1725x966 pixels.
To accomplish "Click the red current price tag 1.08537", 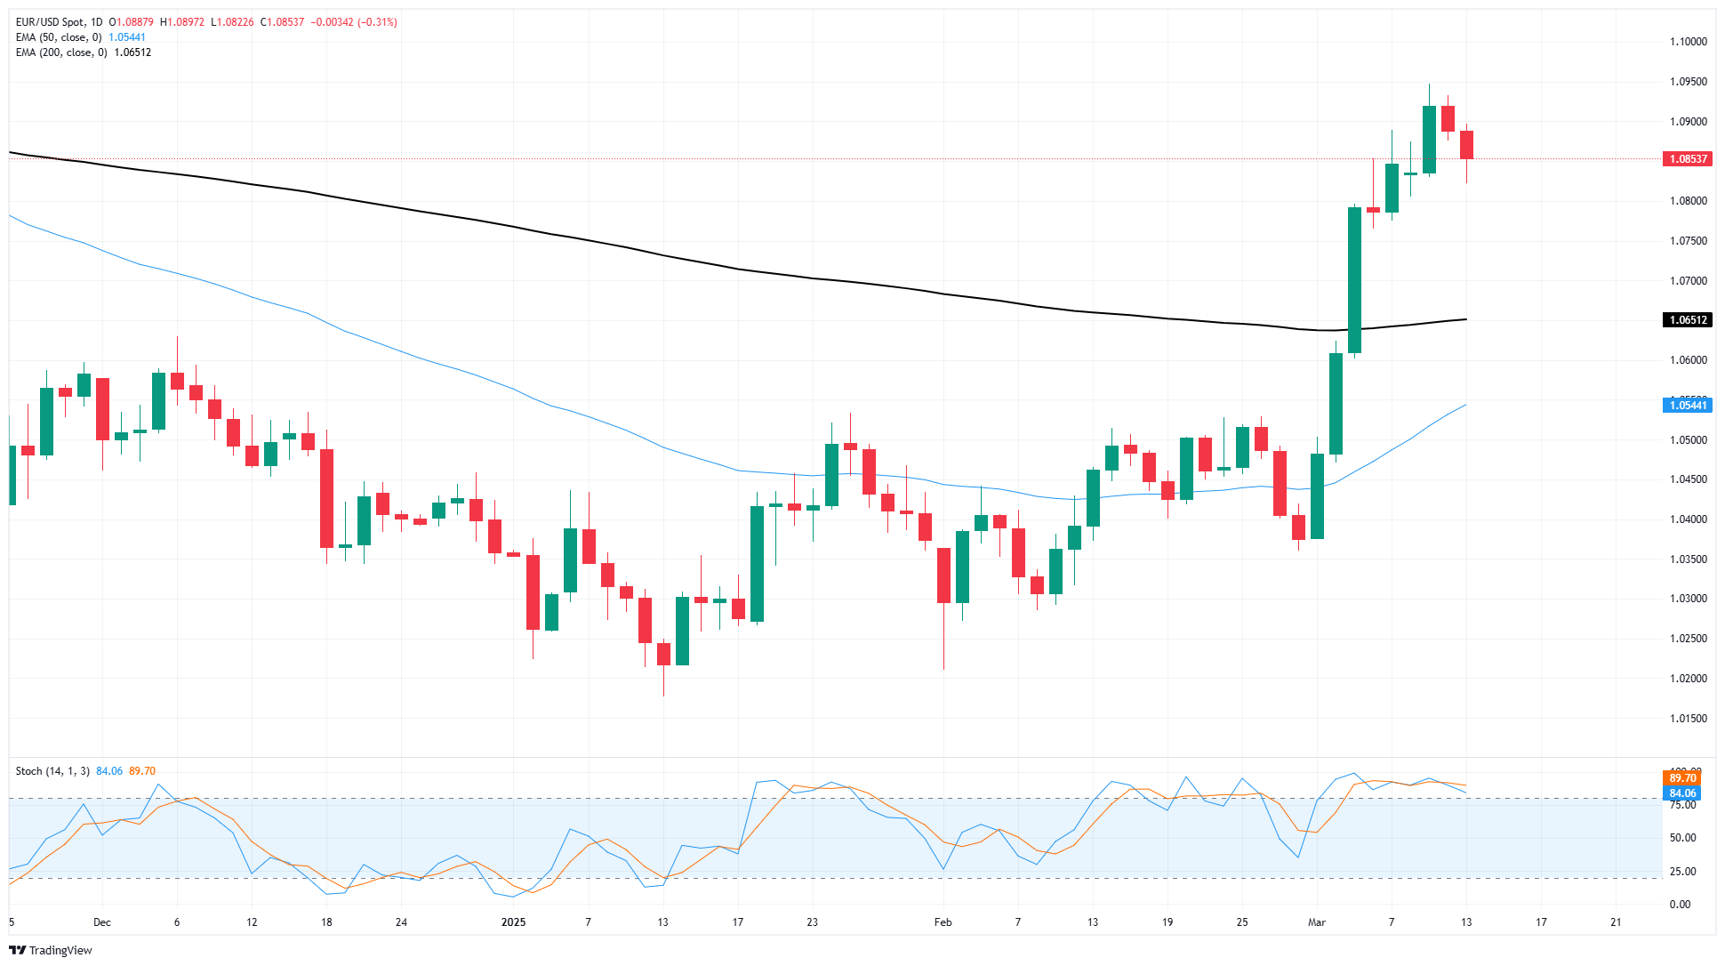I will [x=1687, y=159].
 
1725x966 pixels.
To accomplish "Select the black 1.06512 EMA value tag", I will [x=1687, y=320].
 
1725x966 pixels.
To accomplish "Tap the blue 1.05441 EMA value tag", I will [x=1687, y=406].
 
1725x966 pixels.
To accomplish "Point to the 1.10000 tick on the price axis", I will [x=1688, y=42].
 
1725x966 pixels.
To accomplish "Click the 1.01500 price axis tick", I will [x=1688, y=719].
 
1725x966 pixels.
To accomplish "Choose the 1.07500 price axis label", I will [x=1688, y=241].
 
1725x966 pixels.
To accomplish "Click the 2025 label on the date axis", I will [x=513, y=922].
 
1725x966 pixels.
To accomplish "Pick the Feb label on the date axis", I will [x=943, y=922].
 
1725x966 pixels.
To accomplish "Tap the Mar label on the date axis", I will [x=1316, y=922].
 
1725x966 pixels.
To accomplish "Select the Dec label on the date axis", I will [x=102, y=922].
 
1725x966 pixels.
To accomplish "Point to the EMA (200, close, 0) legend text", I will [x=61, y=52].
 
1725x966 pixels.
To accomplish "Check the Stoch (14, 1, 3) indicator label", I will [x=52, y=771].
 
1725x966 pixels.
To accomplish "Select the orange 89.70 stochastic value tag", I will [x=1682, y=778].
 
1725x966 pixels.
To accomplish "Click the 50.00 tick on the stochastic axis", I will [x=1681, y=838].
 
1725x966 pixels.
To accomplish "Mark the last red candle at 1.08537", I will [x=1466, y=145].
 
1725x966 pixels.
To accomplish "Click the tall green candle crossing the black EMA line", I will [x=1354, y=279].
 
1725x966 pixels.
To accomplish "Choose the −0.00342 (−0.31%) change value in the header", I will [x=354, y=22].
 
